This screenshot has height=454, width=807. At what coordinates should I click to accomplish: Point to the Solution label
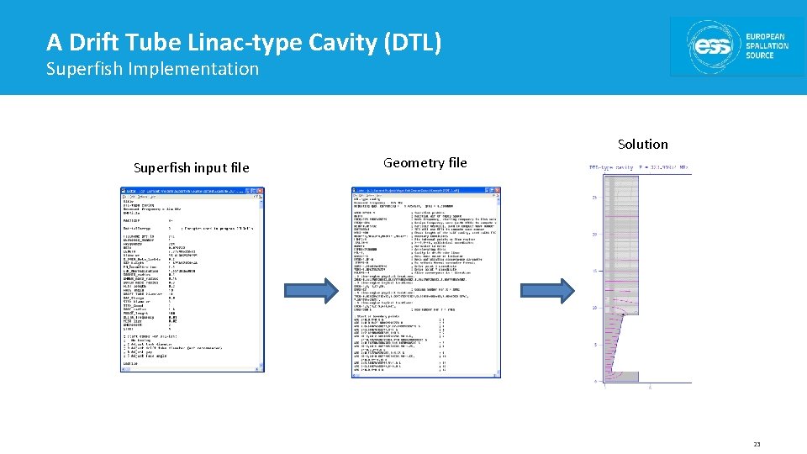(642, 145)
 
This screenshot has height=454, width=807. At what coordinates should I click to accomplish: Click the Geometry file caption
(425, 163)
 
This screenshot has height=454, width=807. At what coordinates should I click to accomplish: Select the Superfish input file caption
(191, 168)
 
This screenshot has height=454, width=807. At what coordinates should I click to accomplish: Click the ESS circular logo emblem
(712, 47)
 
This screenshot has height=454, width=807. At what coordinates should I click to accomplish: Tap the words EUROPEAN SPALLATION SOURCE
(767, 47)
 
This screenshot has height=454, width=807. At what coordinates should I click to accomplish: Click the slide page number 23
(757, 444)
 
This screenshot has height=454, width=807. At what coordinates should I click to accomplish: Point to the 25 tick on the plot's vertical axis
(595, 198)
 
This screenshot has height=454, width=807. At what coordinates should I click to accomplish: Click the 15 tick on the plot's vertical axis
(595, 272)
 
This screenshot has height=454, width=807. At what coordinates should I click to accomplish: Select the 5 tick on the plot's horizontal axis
(650, 388)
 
